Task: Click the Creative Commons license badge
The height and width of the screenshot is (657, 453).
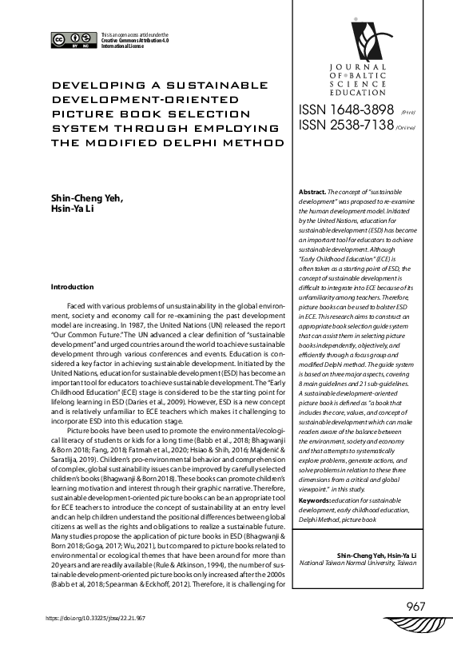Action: pyautogui.click(x=73, y=41)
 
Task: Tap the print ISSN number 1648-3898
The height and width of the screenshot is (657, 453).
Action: pyautogui.click(x=347, y=109)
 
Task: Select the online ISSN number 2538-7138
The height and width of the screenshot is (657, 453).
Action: pyautogui.click(x=347, y=125)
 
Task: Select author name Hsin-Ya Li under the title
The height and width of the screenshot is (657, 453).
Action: pyautogui.click(x=70, y=209)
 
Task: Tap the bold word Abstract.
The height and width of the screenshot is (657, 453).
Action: pyautogui.click(x=311, y=193)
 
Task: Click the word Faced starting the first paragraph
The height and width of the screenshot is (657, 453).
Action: pyautogui.click(x=77, y=306)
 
